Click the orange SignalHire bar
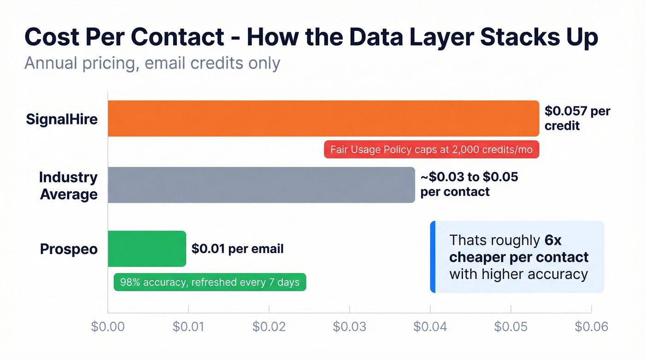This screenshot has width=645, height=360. (323, 118)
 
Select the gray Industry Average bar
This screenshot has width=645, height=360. (261, 185)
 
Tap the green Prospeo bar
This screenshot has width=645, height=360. (147, 248)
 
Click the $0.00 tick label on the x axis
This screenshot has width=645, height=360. (108, 326)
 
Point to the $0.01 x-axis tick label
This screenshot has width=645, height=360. (188, 326)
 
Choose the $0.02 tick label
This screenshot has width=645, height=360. (269, 326)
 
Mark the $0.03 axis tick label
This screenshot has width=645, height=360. (350, 326)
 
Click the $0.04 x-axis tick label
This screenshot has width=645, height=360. (430, 326)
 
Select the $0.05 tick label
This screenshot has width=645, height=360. (511, 326)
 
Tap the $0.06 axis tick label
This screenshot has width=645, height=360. (592, 326)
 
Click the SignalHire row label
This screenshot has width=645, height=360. (62, 119)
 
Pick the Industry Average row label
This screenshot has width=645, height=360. (68, 185)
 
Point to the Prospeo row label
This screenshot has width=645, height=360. (69, 249)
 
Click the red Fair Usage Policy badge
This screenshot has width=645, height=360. (431, 150)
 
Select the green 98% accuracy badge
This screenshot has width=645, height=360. (210, 282)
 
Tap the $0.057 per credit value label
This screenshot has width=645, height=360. (577, 118)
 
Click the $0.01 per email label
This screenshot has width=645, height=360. (237, 249)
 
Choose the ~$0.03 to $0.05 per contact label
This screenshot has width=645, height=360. (469, 184)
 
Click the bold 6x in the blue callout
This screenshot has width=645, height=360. (553, 240)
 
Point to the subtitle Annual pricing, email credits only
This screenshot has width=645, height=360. (152, 63)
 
